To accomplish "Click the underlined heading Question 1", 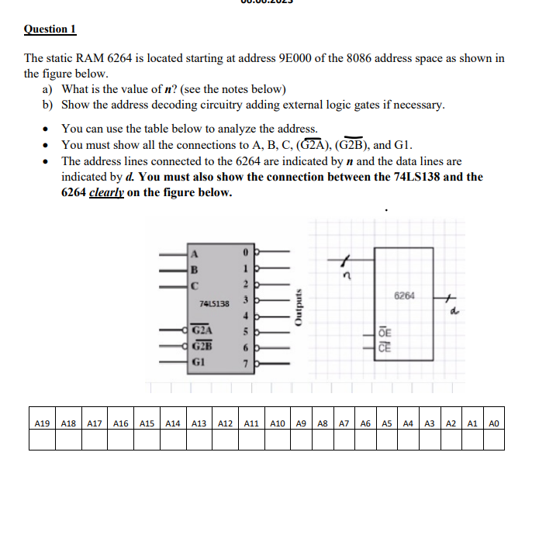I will [x=50, y=29].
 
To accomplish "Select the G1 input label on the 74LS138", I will [x=199, y=361].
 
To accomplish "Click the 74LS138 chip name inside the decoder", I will [x=214, y=303].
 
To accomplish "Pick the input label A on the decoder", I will [x=195, y=252].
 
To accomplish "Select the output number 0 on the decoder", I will [x=244, y=252].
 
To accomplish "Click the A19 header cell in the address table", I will [x=42, y=423].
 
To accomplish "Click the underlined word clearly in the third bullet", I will [x=106, y=192].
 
